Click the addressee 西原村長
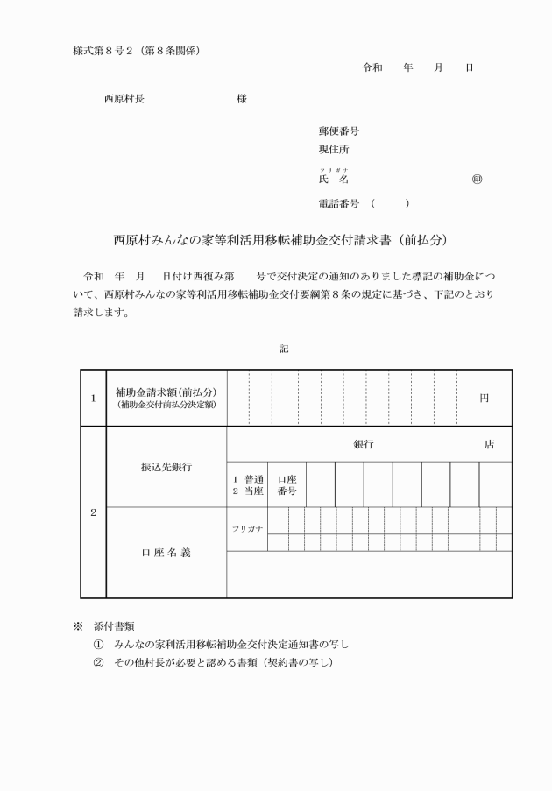[124, 99]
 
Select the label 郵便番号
[339, 131]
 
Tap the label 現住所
[334, 150]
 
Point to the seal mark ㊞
[477, 179]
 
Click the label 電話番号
[339, 203]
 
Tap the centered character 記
[283, 348]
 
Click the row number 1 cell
[93, 398]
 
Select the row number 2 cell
[93, 512]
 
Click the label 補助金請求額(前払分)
[166, 392]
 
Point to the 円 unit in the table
[484, 398]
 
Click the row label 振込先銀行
[166, 467]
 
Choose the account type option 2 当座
[248, 492]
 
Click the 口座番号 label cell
[287, 485]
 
